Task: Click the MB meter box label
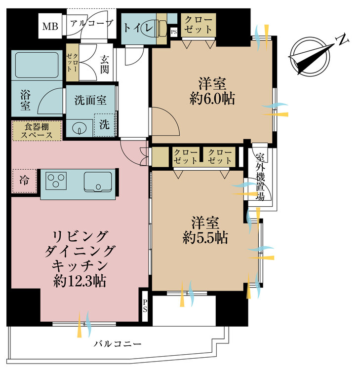50,26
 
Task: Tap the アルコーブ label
92,23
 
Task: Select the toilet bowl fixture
151,29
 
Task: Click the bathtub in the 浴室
37,65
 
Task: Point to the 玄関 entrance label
104,65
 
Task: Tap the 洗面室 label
90,101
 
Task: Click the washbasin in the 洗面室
78,129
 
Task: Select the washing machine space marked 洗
105,125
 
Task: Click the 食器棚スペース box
37,131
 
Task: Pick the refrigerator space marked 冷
24,181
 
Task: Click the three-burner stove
56,181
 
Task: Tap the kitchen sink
98,182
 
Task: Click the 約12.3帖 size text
80,281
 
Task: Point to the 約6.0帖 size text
212,99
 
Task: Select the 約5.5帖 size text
205,237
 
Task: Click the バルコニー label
118,343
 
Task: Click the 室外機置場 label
260,177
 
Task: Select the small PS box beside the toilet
174,32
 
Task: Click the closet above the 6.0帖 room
199,25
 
